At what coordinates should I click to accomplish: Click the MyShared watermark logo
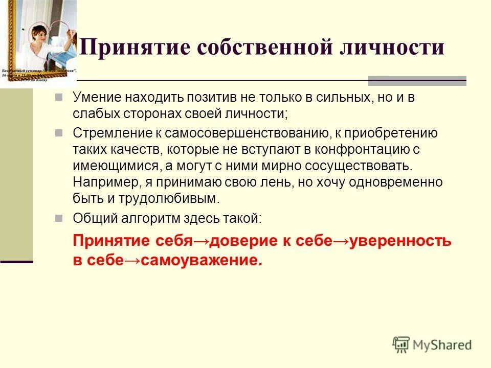(432, 344)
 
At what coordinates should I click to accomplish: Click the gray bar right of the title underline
(417, 81)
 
